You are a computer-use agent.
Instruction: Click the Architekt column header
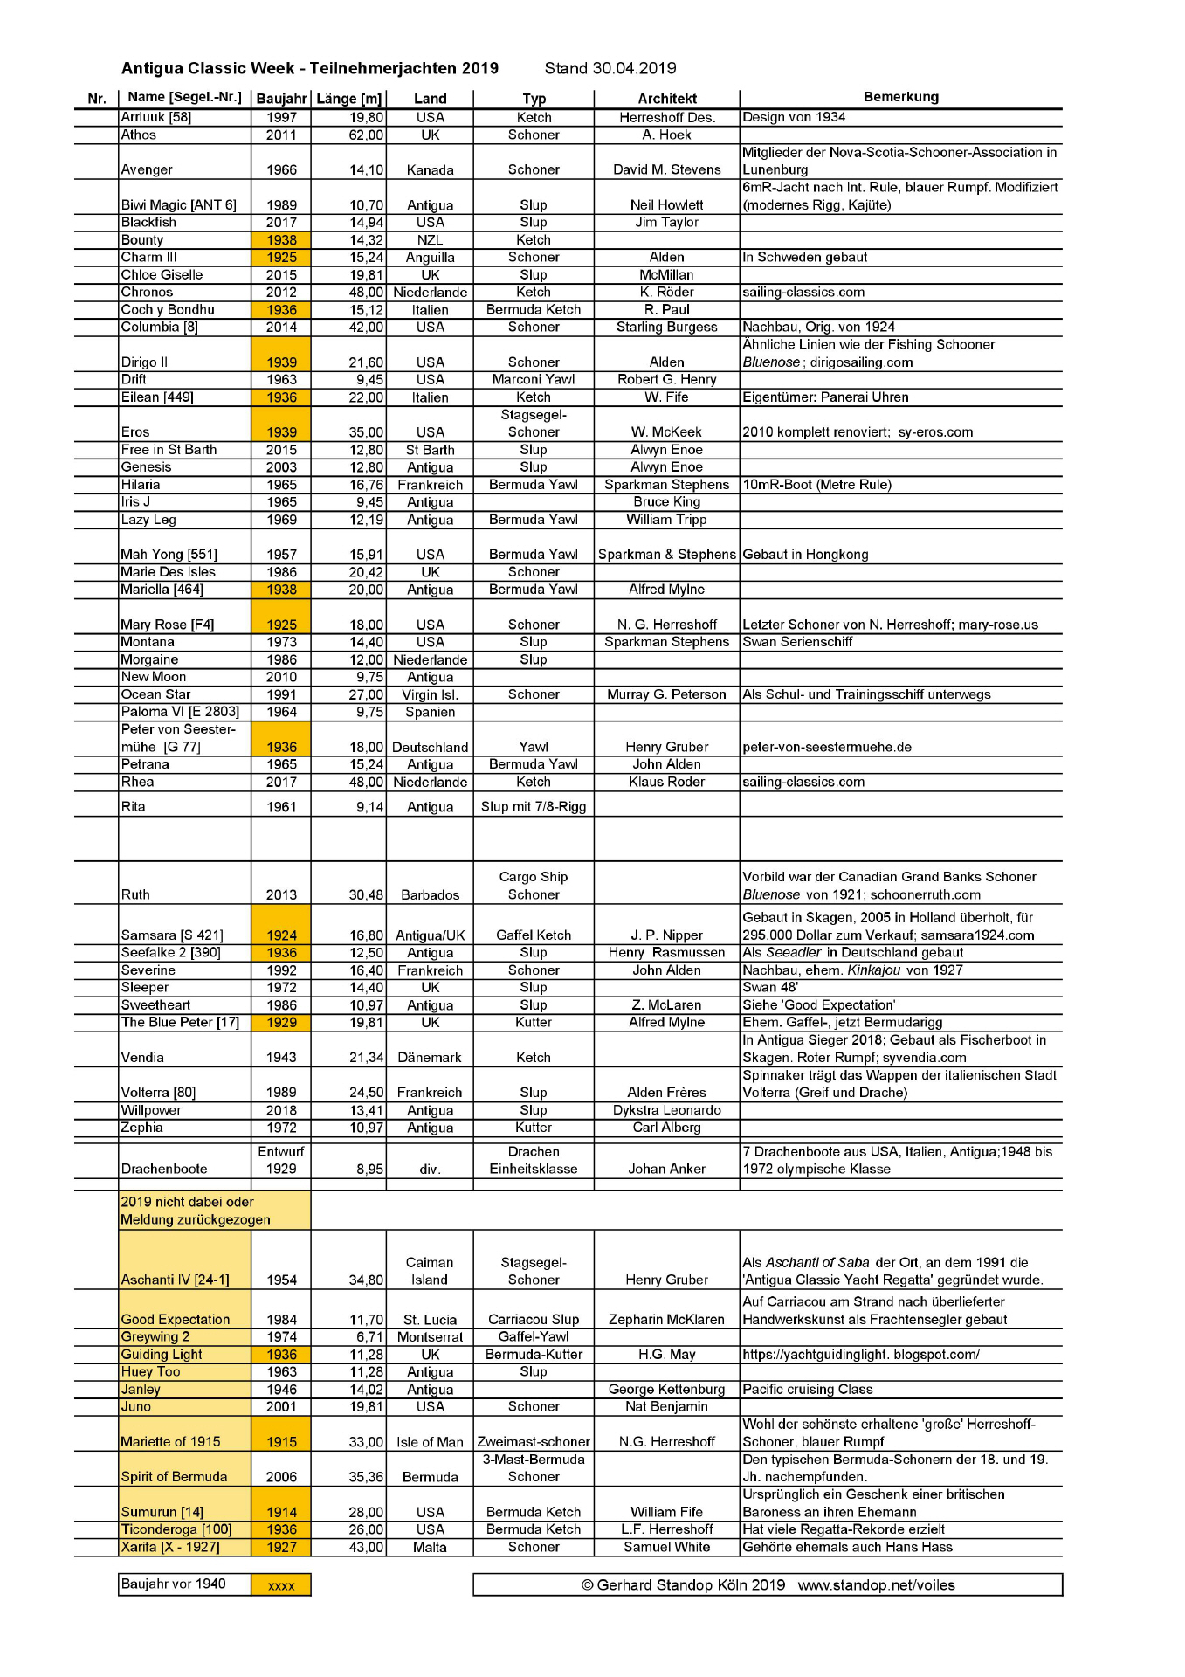tap(667, 99)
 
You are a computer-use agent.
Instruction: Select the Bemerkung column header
tap(900, 97)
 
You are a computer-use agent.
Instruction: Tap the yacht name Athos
tap(139, 135)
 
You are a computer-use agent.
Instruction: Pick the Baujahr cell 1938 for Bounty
tap(281, 240)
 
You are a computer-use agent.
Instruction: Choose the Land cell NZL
tap(430, 240)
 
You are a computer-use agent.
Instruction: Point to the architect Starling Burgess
tap(666, 328)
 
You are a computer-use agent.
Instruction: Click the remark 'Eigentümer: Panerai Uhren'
tap(825, 397)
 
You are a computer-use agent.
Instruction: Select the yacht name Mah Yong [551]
tap(169, 555)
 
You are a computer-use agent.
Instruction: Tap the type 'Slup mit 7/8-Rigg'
tap(534, 807)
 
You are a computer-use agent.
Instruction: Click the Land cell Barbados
tap(430, 895)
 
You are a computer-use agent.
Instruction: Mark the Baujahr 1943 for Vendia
tap(281, 1058)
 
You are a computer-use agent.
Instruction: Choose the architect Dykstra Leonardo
tap(666, 1110)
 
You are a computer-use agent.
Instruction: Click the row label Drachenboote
tap(164, 1170)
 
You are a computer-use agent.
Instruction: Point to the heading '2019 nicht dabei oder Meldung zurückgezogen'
tap(196, 1211)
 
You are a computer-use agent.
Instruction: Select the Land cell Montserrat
tap(430, 1337)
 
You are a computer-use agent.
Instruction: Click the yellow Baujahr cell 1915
tap(281, 1442)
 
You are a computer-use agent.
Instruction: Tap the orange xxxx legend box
tap(281, 1585)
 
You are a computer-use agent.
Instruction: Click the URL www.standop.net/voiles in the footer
tap(876, 1585)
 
